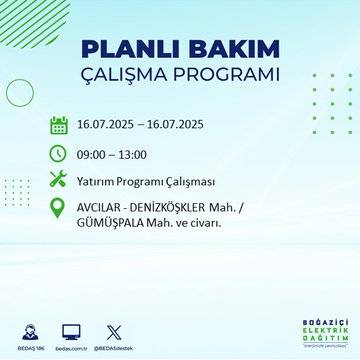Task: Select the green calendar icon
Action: [x=59, y=125]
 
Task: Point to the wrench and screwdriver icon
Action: [x=59, y=181]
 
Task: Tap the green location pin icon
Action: [x=59, y=210]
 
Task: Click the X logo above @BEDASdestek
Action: [x=111, y=329]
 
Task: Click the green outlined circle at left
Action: [x=20, y=92]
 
